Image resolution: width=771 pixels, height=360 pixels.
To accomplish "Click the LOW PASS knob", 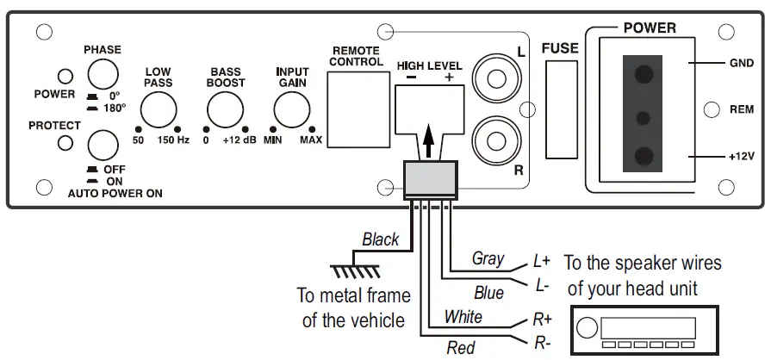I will point(159,110).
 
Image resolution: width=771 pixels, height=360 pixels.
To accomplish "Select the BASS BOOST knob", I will point(225,110).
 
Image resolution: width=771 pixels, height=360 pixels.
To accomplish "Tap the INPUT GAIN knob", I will point(292,110).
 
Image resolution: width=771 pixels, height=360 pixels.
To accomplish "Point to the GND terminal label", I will point(742,64).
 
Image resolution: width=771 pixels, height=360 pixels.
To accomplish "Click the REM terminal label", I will point(742,109).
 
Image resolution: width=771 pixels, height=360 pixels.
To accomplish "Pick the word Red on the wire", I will point(460,348).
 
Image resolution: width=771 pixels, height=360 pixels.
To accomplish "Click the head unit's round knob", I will point(587,329).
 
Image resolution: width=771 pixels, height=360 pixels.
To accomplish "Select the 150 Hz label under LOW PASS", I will point(171,140).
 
